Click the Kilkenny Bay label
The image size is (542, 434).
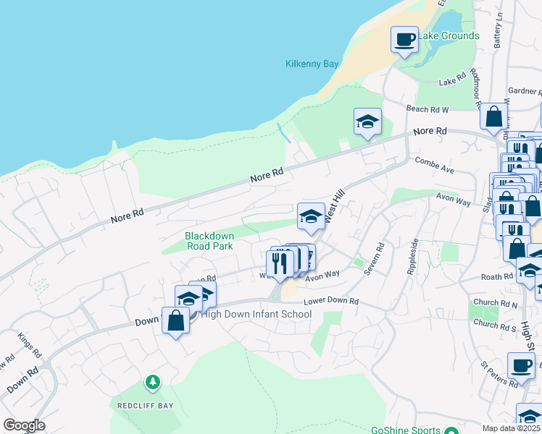pos(312,64)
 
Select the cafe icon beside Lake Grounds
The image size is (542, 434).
pos(405,39)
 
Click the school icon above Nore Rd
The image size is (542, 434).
pos(367,121)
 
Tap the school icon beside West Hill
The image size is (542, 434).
pos(311,216)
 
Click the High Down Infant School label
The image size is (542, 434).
pos(256,314)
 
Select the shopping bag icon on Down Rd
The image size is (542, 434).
pos(176,320)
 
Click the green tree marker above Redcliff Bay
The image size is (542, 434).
pos(152,381)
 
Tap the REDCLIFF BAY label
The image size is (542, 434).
pos(146,406)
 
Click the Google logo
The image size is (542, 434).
pos(24,425)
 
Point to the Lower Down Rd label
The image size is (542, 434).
pos(331,300)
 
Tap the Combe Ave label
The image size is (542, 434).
pos(435,165)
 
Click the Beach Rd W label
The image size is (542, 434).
pos(428,109)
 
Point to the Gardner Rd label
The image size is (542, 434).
pos(525,91)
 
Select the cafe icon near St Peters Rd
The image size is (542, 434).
pos(521,366)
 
